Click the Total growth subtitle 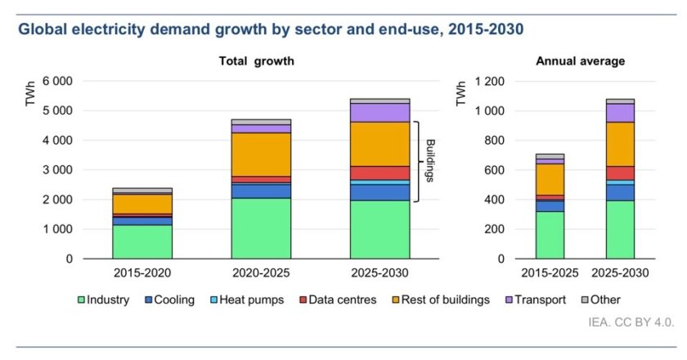256,61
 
